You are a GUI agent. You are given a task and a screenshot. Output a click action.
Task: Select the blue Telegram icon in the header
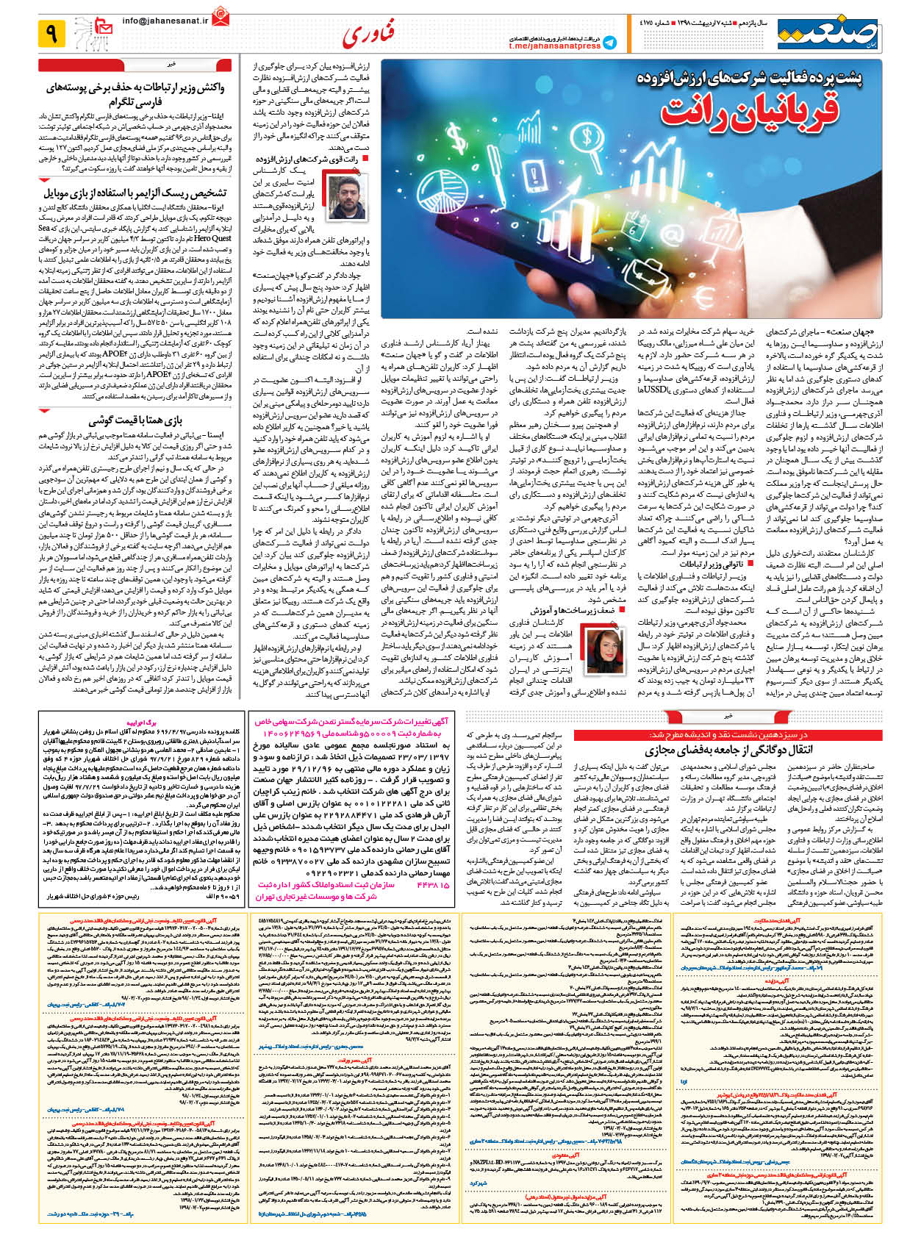tap(610, 43)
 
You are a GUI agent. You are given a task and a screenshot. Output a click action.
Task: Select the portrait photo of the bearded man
tap(347, 198)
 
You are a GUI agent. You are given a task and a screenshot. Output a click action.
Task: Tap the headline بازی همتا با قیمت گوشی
tap(135, 421)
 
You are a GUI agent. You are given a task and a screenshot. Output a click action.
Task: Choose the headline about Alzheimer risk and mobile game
tap(135, 193)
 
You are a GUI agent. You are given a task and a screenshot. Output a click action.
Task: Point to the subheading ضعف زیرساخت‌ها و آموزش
tap(562, 610)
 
